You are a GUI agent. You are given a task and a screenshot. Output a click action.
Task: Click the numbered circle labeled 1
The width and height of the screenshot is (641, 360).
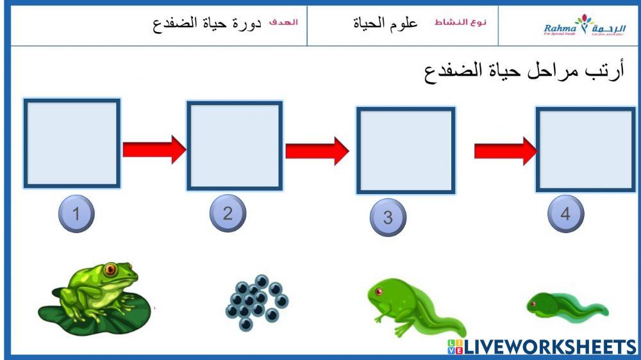pos(76,213)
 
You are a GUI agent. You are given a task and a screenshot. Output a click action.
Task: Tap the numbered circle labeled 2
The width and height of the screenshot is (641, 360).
pos(228,213)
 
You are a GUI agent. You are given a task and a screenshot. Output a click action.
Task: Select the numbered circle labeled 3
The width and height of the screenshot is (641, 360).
pos(388,217)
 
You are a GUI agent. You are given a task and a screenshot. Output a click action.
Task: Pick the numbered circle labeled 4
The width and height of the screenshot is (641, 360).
pos(565,213)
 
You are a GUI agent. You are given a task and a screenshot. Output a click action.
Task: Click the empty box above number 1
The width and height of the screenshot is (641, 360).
pos(72,143)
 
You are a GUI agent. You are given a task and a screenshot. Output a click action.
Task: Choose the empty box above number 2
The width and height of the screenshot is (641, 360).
pos(235,145)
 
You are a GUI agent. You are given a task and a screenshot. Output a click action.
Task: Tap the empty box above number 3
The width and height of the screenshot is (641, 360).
pos(405,151)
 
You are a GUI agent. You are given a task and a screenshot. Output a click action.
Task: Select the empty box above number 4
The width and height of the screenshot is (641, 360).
pos(585,149)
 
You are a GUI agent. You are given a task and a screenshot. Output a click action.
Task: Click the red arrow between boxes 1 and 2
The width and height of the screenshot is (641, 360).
pos(154,149)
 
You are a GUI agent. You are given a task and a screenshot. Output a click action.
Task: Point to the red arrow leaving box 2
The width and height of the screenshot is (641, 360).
pos(317,151)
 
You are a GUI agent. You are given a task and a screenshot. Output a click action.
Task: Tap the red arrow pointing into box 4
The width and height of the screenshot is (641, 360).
pos(505,151)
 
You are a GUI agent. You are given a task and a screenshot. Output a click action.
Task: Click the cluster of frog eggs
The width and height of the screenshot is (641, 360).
pos(257,302)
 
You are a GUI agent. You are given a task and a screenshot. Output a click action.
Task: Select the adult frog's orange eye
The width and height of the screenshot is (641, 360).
pos(111,268)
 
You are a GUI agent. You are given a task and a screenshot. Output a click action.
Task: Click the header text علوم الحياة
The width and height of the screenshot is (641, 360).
pos(385,24)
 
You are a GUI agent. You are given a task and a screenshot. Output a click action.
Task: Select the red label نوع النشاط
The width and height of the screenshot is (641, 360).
pos(460,22)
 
